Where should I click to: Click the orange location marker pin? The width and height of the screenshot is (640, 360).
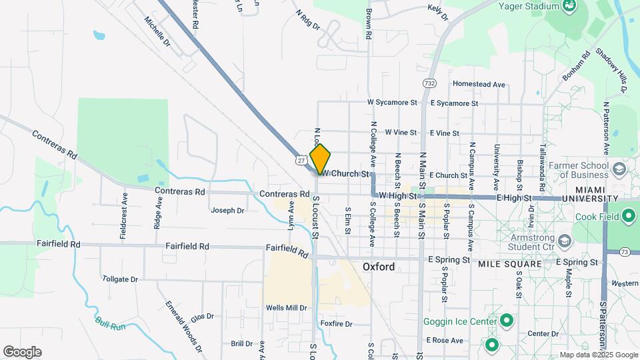click(321, 159)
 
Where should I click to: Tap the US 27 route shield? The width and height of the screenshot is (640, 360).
click(302, 160)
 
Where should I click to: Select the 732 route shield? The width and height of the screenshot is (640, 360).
click(429, 83)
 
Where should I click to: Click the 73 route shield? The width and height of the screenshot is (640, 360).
click(625, 251)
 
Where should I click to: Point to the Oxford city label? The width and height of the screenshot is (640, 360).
click(379, 267)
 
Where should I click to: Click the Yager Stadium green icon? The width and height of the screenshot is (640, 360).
click(569, 7)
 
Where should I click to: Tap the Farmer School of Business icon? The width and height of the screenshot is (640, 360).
click(620, 169)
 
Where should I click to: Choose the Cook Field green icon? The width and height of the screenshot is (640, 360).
click(628, 216)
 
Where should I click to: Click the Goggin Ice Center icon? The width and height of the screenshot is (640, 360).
click(507, 322)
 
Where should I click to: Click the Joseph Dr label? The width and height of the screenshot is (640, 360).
click(227, 211)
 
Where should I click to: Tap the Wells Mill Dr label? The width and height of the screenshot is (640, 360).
click(286, 308)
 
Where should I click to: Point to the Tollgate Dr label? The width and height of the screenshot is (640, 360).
click(121, 279)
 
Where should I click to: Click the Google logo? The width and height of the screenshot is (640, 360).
click(22, 351)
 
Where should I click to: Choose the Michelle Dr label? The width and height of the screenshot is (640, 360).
click(158, 31)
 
